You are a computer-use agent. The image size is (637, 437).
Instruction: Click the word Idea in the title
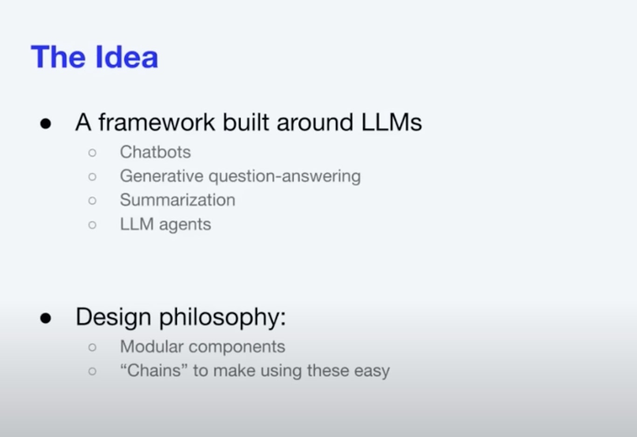[x=127, y=57]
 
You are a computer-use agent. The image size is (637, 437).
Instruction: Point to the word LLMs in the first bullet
[x=392, y=122]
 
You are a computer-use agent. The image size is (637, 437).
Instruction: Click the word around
[x=315, y=123]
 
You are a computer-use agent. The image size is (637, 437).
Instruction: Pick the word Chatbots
[x=155, y=152]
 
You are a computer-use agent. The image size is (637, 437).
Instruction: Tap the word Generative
[x=161, y=176]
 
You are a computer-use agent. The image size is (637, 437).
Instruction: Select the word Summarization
[x=178, y=200]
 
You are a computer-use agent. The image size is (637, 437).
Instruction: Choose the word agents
[x=185, y=225]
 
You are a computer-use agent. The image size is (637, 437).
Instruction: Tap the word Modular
[x=152, y=346]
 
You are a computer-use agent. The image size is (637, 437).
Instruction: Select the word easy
[x=372, y=372]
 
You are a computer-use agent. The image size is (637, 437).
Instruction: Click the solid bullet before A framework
[x=46, y=124]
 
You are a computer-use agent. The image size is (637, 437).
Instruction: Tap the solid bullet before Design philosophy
[x=46, y=318]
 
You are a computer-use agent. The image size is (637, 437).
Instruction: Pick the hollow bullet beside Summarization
[x=92, y=200]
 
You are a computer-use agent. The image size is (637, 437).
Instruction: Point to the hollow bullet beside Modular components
[x=92, y=347]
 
